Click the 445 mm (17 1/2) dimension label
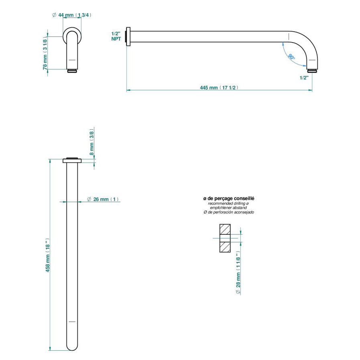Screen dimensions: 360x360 pos(219,87)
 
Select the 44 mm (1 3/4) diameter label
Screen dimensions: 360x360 pos(72,15)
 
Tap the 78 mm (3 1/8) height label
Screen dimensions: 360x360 pos(45,53)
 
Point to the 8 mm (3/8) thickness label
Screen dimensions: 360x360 pos(92,142)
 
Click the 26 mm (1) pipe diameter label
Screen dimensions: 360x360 pos(103,199)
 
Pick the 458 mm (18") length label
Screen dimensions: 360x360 pos(48,255)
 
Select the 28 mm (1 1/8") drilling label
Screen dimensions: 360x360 pos(238,272)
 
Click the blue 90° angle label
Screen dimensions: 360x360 pos(292,57)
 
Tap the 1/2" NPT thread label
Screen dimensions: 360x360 pos(116,36)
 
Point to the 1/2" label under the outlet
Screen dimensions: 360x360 pos(304,77)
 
